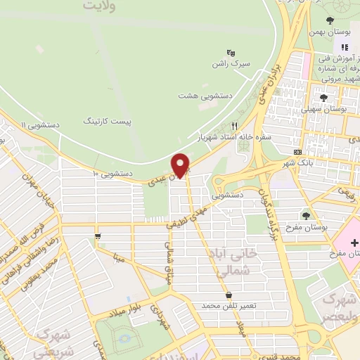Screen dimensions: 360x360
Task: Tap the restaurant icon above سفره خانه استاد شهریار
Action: tap(235, 124)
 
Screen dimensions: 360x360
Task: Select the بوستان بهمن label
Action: tap(330, 32)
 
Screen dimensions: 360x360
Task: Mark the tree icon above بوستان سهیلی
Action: tap(323, 98)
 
